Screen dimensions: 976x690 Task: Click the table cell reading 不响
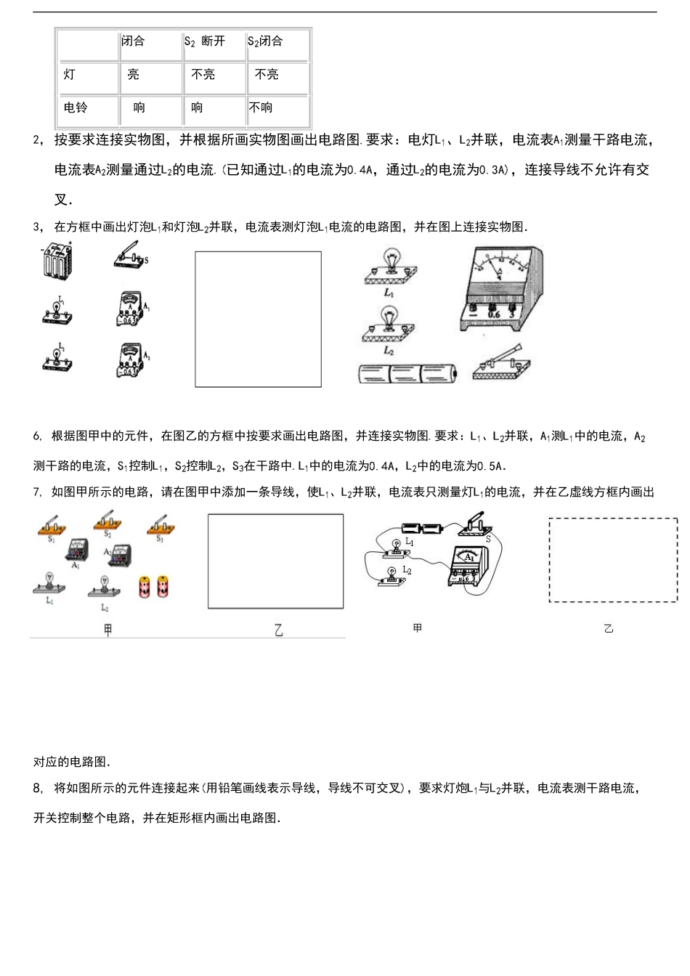pyautogui.click(x=261, y=107)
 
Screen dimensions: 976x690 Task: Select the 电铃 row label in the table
pyautogui.click(x=76, y=107)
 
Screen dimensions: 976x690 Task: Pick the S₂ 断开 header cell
pyautogui.click(x=206, y=41)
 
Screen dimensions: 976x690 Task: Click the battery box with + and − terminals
pyautogui.click(x=57, y=260)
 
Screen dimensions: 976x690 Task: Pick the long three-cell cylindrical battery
pyautogui.click(x=407, y=373)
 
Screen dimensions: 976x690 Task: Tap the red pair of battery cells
pyautogui.click(x=153, y=586)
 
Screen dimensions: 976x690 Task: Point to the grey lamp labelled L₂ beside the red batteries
pyautogui.click(x=104, y=586)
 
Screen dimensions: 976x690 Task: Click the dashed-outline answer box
pyautogui.click(x=613, y=560)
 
